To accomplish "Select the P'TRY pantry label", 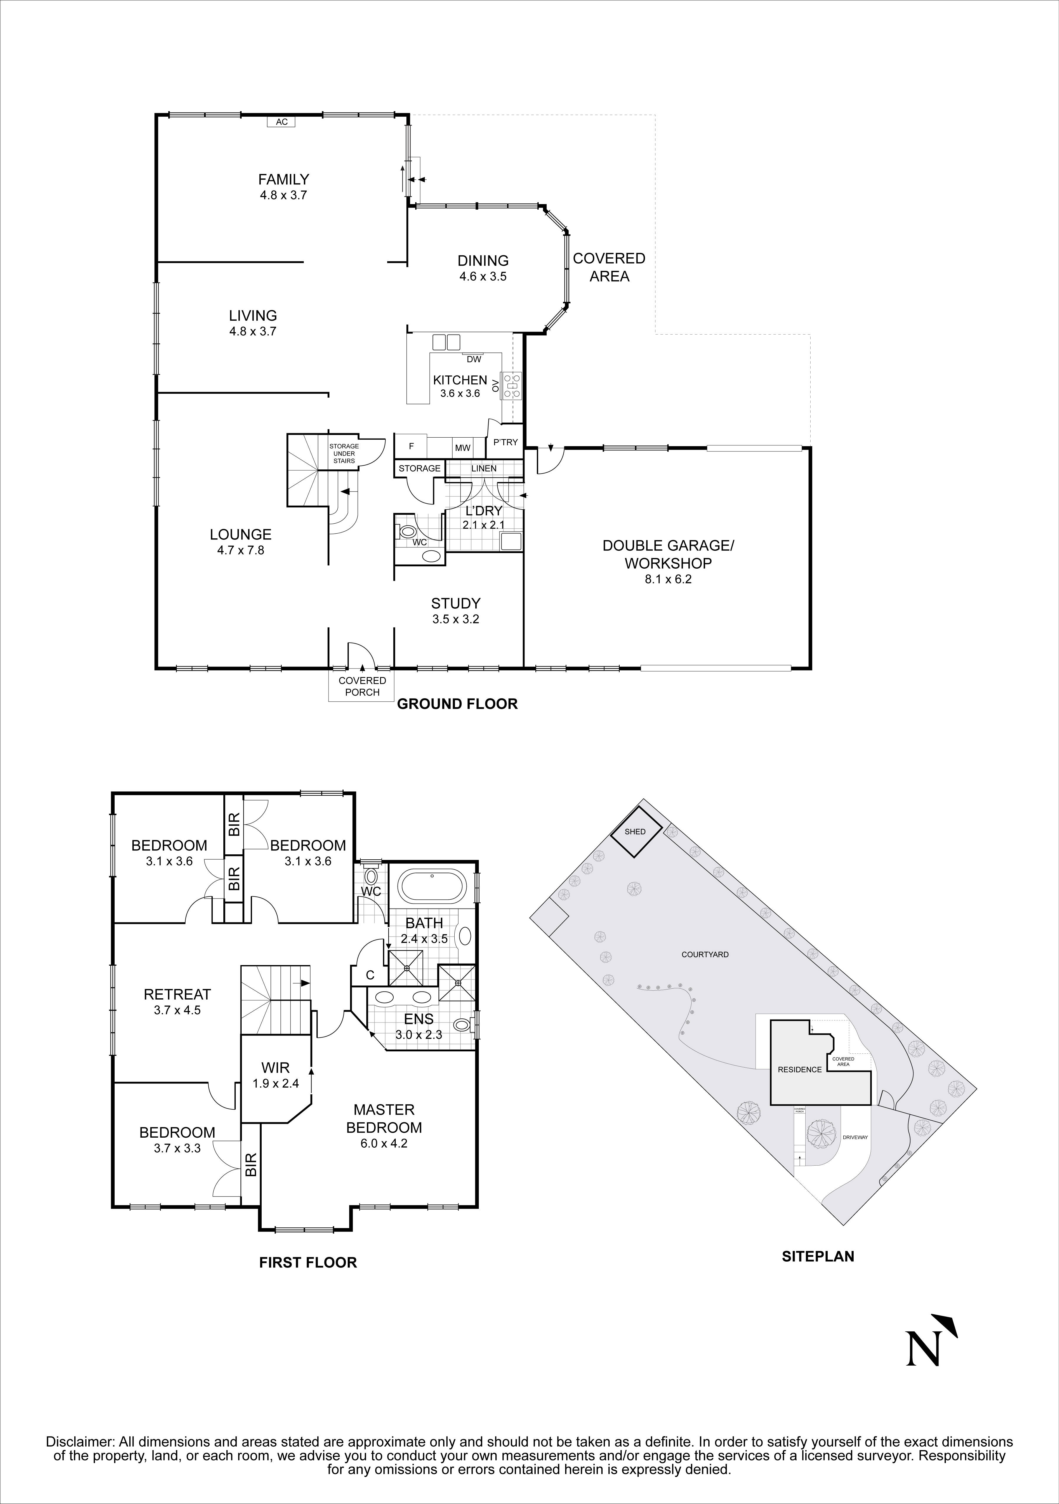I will point(505,442).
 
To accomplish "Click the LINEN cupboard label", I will point(484,468).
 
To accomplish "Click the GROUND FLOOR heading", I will point(457,704).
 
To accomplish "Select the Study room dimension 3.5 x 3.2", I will point(456,619).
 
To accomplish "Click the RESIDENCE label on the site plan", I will point(799,1070).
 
